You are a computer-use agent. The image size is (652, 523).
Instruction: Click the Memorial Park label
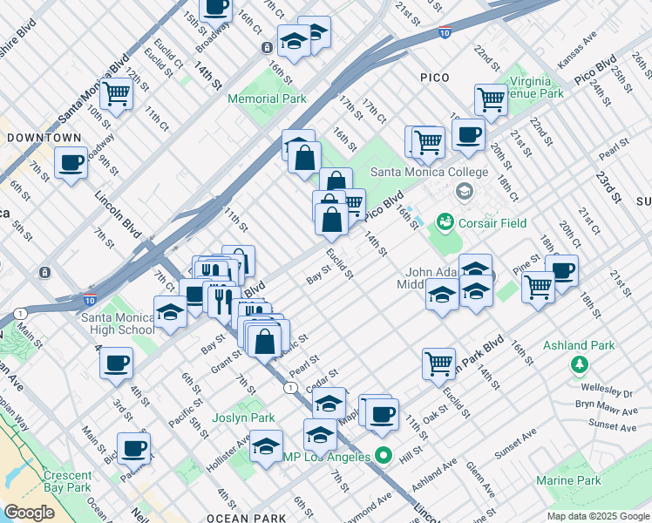pos(267,98)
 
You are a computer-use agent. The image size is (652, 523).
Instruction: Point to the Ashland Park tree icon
pos(577,363)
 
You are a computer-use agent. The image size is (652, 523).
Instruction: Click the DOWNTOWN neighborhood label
pos(44,138)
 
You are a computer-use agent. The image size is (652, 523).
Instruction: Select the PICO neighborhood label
pos(434,78)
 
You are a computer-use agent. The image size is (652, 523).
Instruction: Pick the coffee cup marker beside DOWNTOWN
pos(71,162)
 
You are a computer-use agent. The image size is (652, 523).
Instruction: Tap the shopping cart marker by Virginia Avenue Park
pos(491,99)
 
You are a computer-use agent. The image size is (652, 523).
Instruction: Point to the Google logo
pos(29,513)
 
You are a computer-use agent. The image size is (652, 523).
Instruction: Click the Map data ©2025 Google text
pos(597,516)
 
